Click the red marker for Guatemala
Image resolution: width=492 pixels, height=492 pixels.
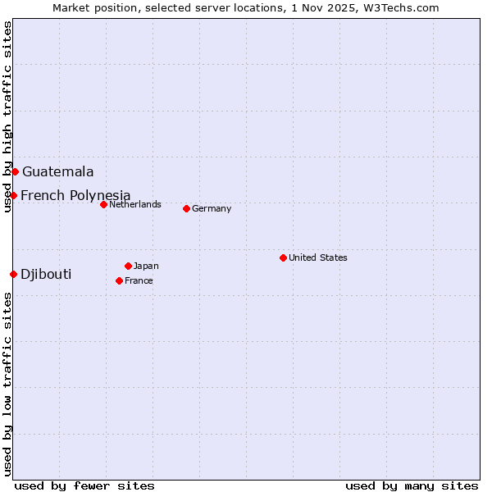(x=15, y=171)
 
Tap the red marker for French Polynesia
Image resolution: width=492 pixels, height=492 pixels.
(x=13, y=195)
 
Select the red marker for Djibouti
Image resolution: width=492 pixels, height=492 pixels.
(x=13, y=274)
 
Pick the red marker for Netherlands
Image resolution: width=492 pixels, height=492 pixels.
(x=103, y=204)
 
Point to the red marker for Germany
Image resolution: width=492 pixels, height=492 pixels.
(x=186, y=208)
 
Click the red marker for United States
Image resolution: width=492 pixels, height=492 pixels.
(x=283, y=257)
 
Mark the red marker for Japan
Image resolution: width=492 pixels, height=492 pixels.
(x=128, y=266)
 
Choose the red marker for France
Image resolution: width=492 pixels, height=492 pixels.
(x=119, y=280)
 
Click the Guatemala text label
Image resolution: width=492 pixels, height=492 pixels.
(x=57, y=172)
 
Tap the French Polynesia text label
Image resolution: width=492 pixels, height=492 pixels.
(x=75, y=195)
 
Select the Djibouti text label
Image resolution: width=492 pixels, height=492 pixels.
(x=46, y=274)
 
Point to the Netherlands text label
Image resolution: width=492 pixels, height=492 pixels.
(x=135, y=204)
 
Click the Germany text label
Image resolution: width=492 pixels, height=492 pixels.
(x=212, y=208)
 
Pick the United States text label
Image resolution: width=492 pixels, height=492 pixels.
(x=318, y=257)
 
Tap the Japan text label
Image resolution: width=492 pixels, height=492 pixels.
(x=146, y=266)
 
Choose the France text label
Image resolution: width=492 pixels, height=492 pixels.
(x=139, y=280)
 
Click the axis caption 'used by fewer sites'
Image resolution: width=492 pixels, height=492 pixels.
(x=84, y=485)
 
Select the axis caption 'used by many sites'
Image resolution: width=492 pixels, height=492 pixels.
(x=412, y=485)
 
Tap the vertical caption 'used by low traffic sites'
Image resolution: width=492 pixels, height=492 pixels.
(x=7, y=384)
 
